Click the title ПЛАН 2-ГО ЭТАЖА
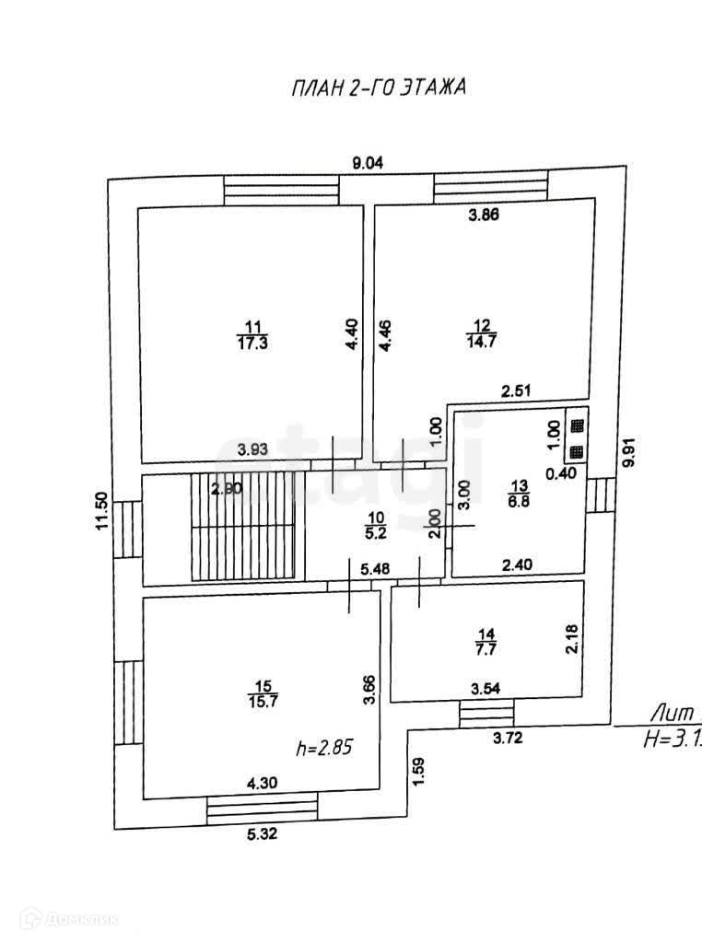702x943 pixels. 379,88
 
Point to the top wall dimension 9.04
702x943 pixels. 368,163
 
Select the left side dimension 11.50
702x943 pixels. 102,512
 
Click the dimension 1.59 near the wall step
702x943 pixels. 418,769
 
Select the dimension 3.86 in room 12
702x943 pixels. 485,216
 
